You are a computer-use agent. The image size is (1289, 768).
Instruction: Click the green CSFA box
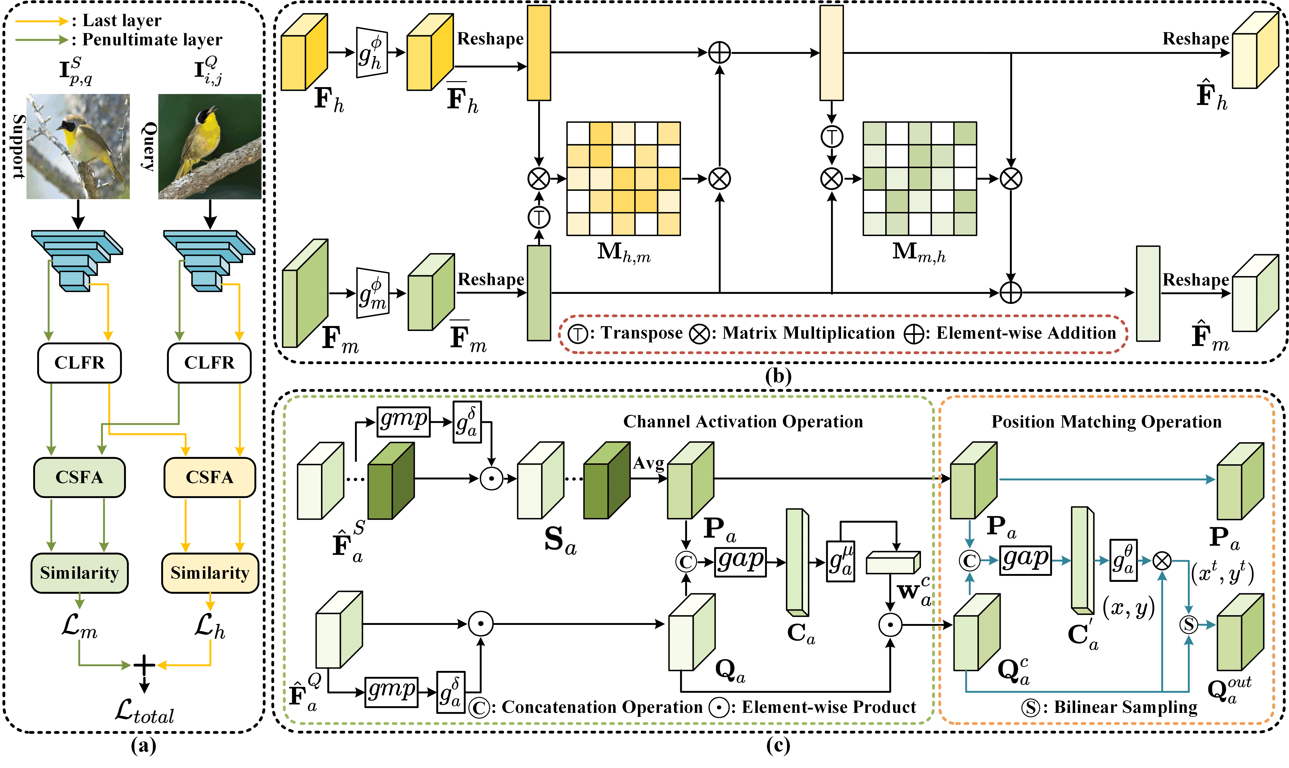(x=79, y=477)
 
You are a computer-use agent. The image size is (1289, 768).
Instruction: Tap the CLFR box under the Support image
(x=79, y=363)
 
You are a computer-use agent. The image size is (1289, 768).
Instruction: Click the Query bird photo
(x=210, y=146)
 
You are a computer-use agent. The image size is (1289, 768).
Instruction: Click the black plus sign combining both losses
(x=144, y=665)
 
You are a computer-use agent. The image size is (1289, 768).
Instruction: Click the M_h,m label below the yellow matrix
(x=623, y=253)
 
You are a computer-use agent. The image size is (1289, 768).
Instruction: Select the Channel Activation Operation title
(x=743, y=422)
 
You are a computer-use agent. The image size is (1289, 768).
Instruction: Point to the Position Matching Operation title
(x=1106, y=422)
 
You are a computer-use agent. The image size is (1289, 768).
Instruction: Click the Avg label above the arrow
(x=649, y=463)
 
